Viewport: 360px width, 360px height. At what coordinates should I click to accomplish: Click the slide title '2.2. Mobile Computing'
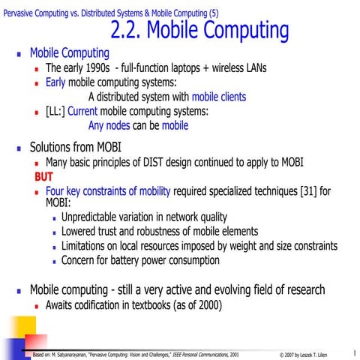199,31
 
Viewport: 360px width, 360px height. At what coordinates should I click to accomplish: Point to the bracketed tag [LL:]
55,112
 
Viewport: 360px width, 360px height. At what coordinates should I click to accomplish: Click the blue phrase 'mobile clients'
218,97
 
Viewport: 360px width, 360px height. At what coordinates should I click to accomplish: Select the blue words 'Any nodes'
109,126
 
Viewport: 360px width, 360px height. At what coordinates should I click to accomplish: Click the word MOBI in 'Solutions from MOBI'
105,146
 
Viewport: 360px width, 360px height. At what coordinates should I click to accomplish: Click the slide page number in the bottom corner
352,351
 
